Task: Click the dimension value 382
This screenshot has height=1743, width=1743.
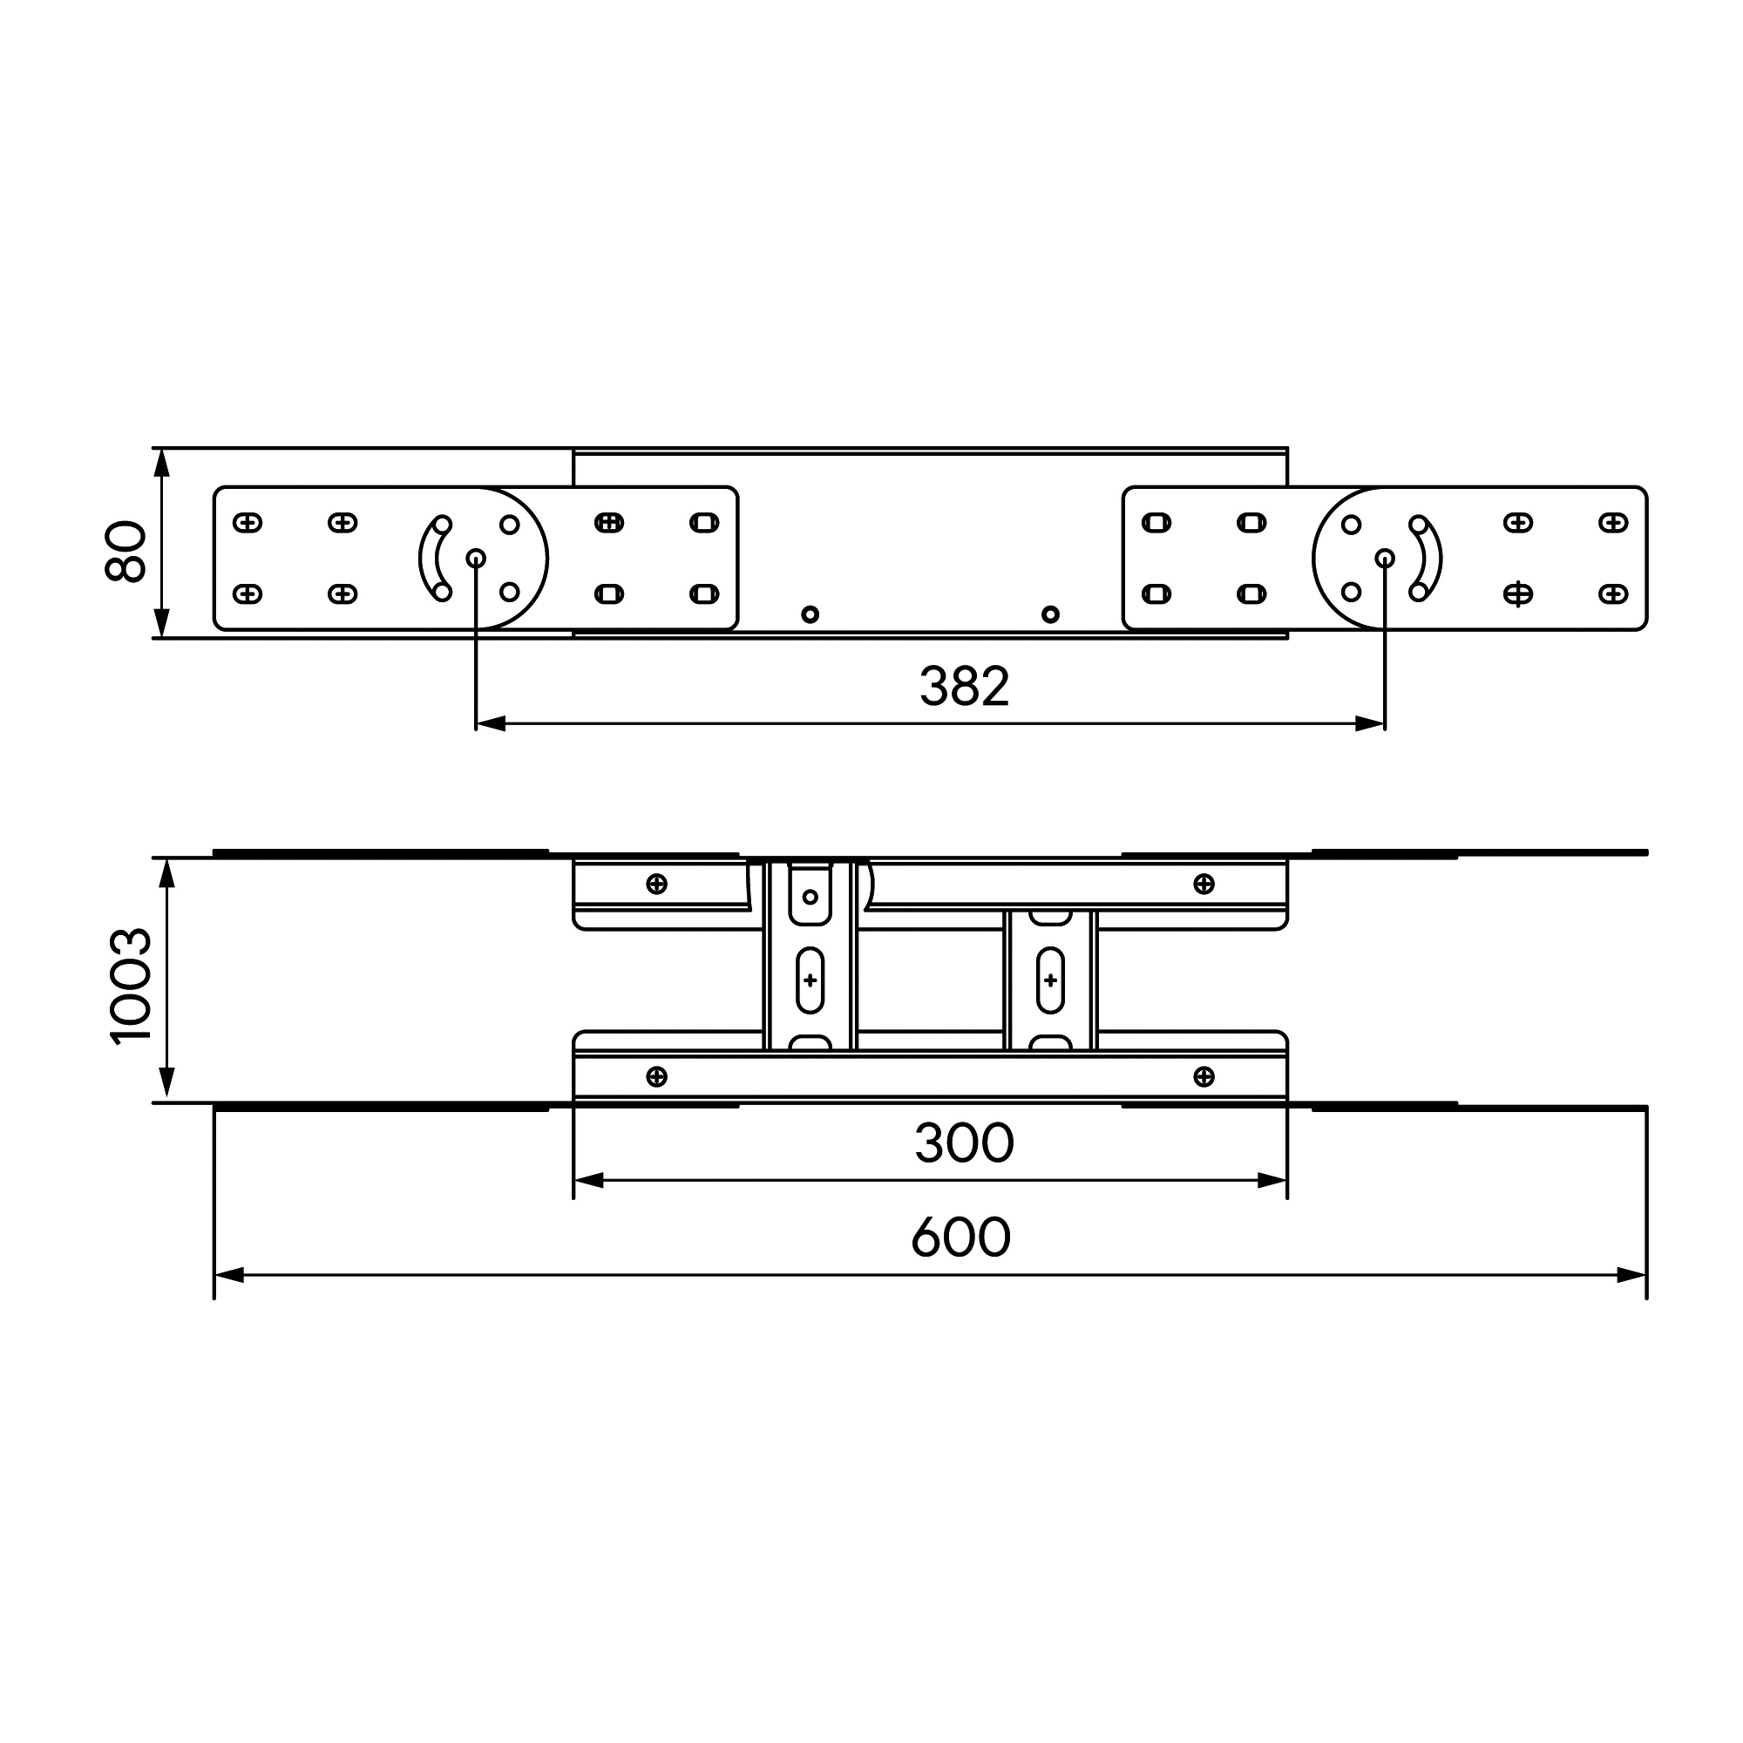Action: [x=964, y=687]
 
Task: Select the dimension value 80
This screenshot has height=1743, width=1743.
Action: [x=126, y=552]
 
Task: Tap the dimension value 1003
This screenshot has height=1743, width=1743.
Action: [x=132, y=985]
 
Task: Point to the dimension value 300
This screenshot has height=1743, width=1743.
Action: [x=964, y=1143]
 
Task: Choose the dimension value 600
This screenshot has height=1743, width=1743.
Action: [x=960, y=1237]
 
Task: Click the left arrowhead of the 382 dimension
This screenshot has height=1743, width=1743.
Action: [x=491, y=723]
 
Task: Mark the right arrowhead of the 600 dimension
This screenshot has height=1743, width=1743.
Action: [x=1631, y=1275]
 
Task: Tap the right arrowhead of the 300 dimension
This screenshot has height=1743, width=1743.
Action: [x=1272, y=1180]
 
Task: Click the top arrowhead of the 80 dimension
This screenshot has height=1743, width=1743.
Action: [x=162, y=463]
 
